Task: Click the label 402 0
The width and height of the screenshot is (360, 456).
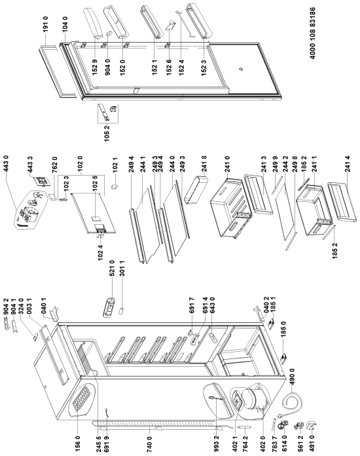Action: pos(262,441)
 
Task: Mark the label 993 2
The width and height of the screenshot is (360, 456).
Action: pos(216,441)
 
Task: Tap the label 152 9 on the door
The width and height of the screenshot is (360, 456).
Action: pos(95,67)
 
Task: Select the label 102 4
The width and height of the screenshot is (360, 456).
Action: pos(101,252)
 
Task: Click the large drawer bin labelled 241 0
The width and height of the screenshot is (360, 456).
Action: pos(230,207)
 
